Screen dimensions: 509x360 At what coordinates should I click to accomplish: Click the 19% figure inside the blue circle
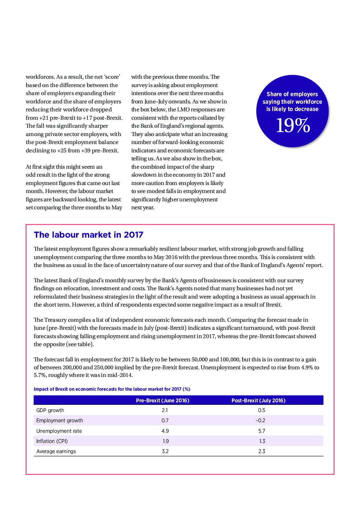coord(293,126)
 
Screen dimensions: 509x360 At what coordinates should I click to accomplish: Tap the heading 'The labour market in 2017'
coord(89,235)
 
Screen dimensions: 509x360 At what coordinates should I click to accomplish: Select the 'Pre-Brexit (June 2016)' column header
coord(163,401)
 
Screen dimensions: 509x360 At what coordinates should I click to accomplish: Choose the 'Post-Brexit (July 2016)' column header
coord(258,401)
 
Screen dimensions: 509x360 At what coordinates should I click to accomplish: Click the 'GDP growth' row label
coord(50,410)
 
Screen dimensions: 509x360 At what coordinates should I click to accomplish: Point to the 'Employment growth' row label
coord(60,420)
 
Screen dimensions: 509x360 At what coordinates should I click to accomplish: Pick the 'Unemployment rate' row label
coord(59,431)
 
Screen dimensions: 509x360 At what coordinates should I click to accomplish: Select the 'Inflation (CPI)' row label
coord(52,441)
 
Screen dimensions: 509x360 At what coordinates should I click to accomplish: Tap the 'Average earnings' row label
coord(56,451)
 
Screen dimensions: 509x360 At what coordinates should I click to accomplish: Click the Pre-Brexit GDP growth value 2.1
coord(165,410)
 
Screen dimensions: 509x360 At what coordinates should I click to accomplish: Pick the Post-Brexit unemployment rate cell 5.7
coord(262,431)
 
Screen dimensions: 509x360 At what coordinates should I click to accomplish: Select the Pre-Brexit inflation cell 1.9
coord(165,441)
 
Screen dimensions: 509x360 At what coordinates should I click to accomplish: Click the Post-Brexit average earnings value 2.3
coord(262,451)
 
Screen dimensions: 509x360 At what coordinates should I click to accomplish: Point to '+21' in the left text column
coord(44,118)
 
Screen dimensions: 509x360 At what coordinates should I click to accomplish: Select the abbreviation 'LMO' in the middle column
coord(183,110)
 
